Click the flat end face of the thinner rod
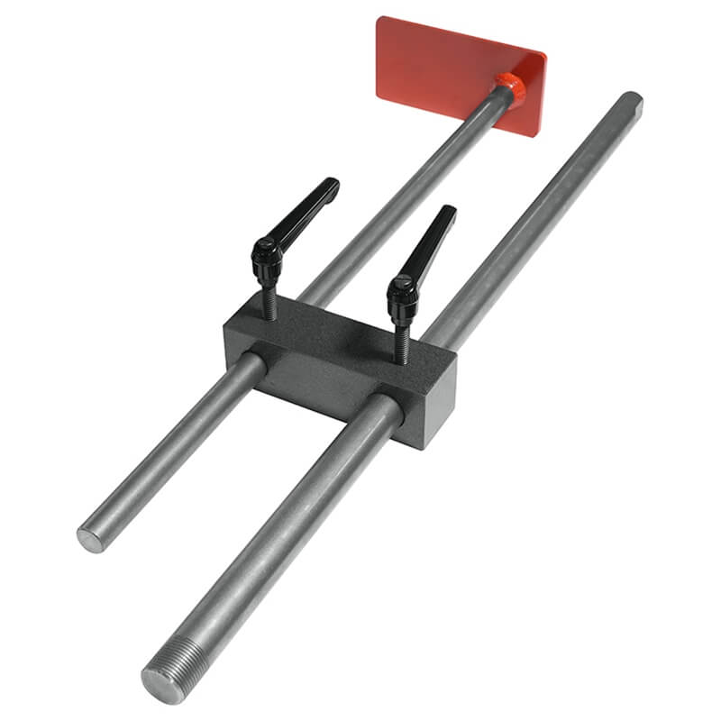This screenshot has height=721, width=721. tap(90, 540)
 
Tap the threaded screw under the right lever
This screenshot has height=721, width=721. tap(403, 342)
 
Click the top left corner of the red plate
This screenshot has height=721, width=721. tap(380, 19)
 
